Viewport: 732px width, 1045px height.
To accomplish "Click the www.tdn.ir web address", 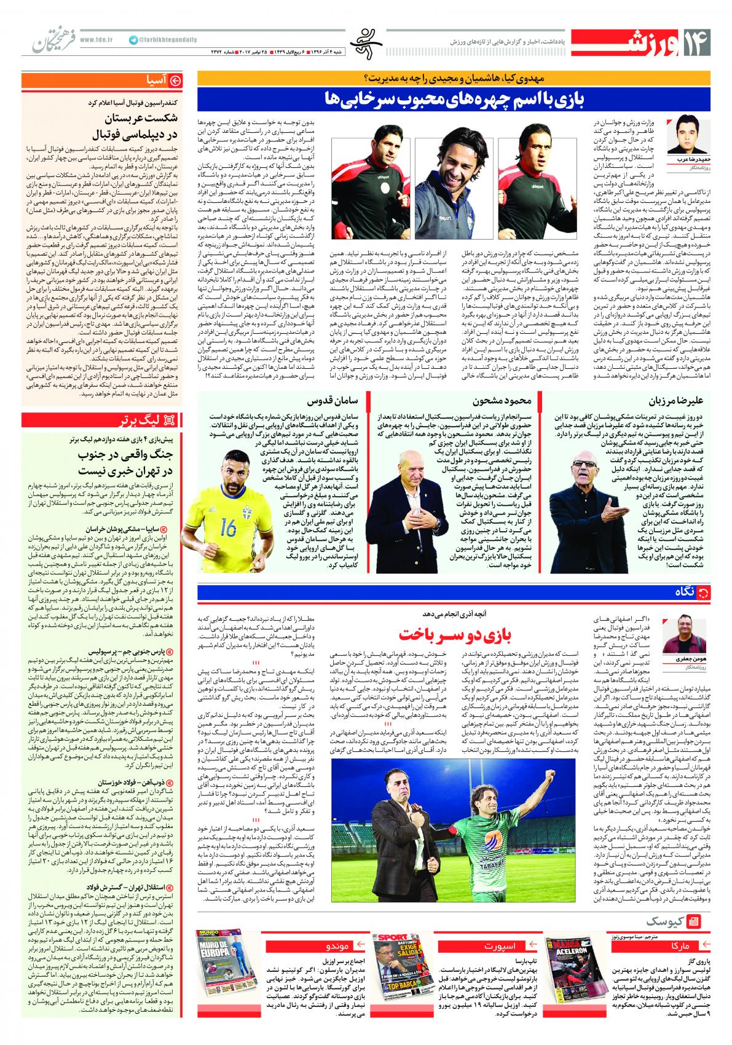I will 97,39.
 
